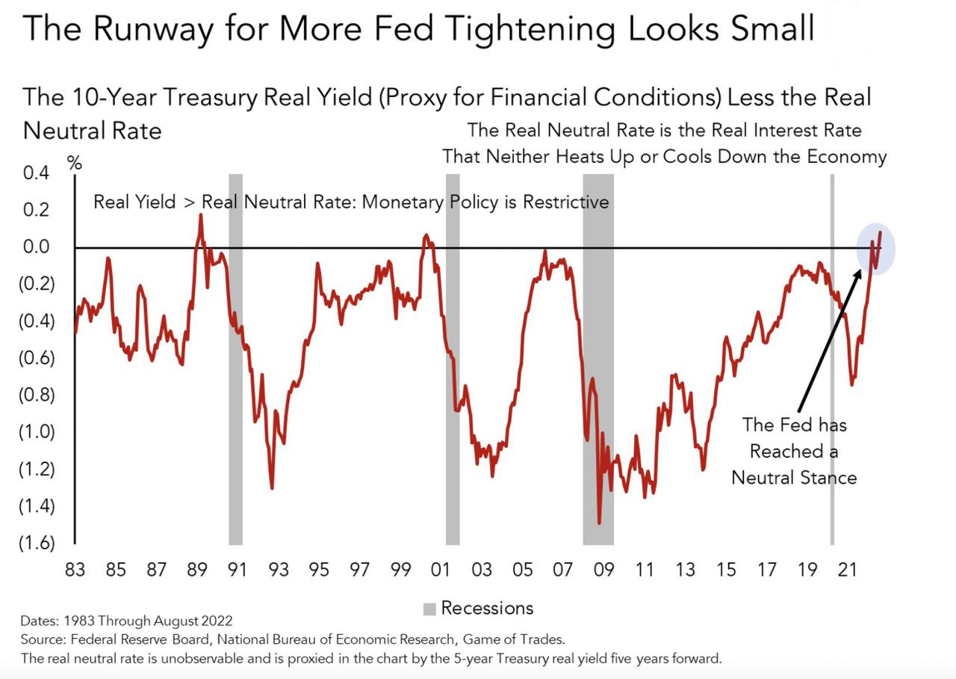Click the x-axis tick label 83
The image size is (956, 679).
tap(75, 570)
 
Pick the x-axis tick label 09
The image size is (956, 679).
tap(603, 570)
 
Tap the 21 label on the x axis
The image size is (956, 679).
tap(847, 570)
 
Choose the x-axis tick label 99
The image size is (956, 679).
tap(400, 570)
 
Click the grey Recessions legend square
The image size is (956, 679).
tap(429, 610)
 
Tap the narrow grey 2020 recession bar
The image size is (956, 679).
tap(832, 359)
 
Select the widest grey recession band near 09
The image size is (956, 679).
tap(597, 359)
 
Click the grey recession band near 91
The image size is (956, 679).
tap(235, 359)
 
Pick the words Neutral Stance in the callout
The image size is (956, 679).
tap(794, 477)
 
